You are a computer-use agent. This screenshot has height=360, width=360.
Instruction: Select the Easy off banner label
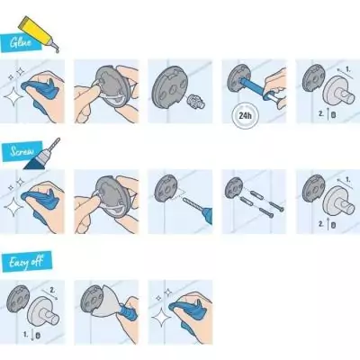point(26,261)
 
